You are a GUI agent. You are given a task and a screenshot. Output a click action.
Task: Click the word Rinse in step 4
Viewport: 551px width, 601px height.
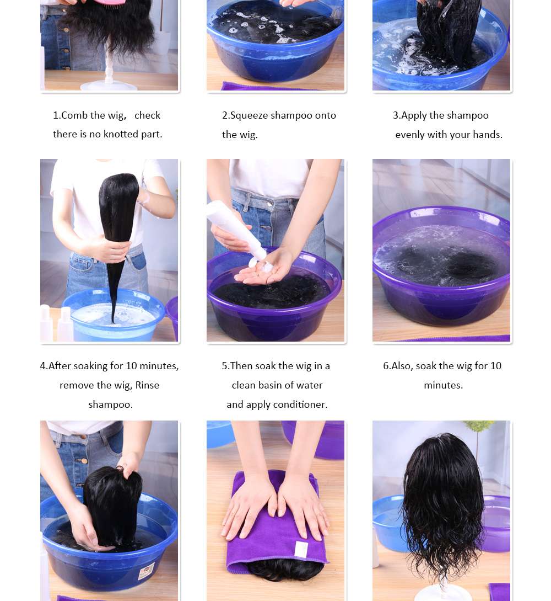(147, 385)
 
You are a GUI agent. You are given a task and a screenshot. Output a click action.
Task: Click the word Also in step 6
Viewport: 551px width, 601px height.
(402, 366)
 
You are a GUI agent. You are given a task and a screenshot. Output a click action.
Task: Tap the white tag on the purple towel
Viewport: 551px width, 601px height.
(301, 549)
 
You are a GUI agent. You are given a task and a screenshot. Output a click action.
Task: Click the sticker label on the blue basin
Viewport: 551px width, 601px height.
(146, 571)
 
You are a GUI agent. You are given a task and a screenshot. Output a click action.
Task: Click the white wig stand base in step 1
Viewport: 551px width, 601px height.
(109, 85)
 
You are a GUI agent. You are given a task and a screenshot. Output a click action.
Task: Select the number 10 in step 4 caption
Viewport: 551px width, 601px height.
(131, 366)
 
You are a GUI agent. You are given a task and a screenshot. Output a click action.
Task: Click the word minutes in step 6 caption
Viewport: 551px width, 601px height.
(442, 385)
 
